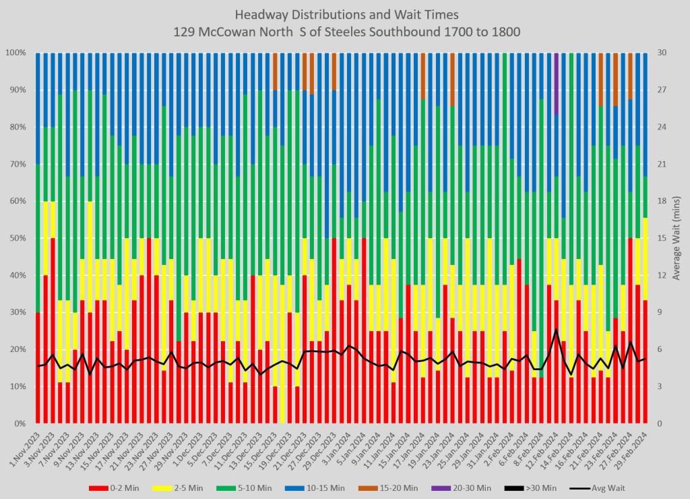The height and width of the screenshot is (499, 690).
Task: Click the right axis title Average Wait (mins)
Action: coord(676,238)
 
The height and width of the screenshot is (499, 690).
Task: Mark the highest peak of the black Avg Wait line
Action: coord(556,330)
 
